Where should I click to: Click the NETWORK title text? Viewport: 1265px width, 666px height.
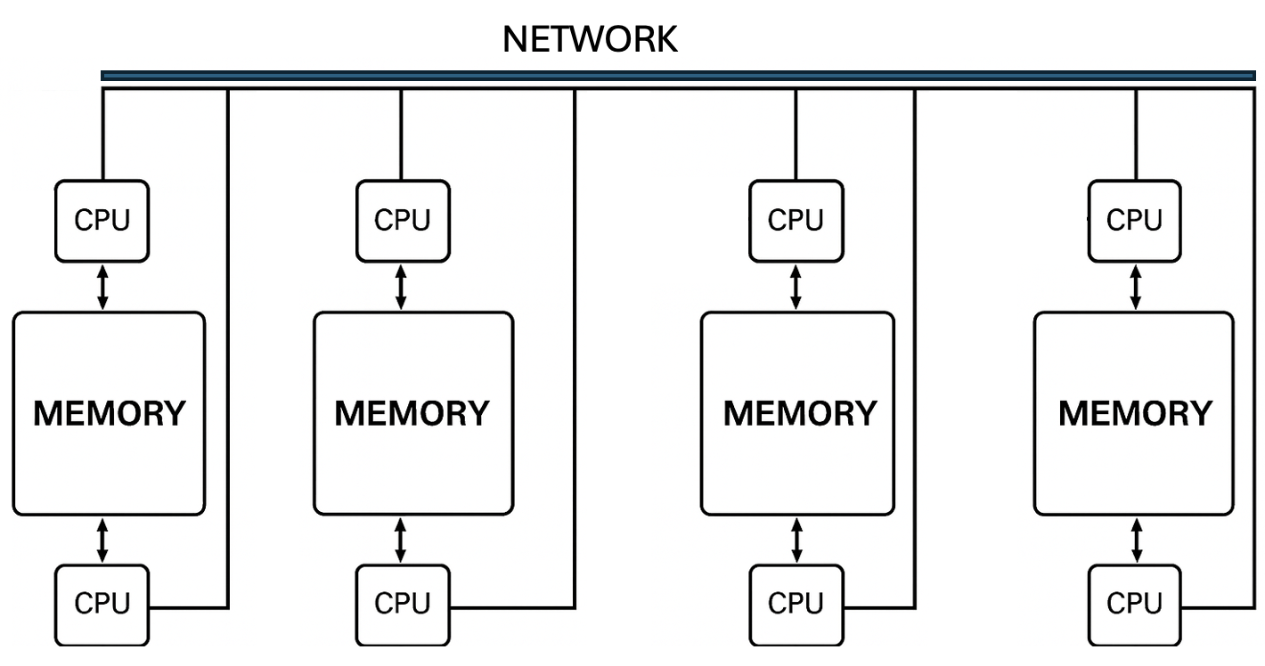tap(590, 39)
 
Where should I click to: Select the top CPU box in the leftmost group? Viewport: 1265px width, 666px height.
tap(102, 221)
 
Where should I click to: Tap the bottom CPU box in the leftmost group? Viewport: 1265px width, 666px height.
tap(102, 605)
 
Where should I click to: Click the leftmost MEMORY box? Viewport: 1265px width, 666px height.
tap(109, 413)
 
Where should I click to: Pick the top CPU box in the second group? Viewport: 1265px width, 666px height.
tap(403, 221)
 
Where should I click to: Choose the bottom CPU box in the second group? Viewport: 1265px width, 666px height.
tap(403, 605)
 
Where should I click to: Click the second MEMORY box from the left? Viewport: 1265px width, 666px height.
tap(412, 413)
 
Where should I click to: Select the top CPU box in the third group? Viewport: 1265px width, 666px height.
tap(796, 221)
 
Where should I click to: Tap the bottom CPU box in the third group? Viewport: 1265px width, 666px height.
tap(796, 605)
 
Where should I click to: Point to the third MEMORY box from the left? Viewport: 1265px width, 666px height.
tap(798, 413)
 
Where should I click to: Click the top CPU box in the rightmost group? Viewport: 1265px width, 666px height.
tap(1135, 221)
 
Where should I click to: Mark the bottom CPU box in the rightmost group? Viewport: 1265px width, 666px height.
tap(1135, 605)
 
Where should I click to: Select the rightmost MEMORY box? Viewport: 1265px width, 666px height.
tap(1135, 413)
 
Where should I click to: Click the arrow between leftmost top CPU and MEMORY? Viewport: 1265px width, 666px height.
tap(102, 287)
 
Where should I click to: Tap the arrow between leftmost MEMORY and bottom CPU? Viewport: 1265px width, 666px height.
tap(102, 540)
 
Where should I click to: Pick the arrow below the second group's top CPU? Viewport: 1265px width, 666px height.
tap(401, 287)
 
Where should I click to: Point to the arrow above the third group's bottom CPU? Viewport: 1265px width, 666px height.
tap(796, 540)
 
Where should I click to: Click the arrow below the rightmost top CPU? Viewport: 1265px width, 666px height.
tap(1135, 287)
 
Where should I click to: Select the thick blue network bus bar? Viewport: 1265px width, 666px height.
tap(677, 76)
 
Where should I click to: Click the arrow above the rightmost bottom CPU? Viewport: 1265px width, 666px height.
tap(1135, 540)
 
